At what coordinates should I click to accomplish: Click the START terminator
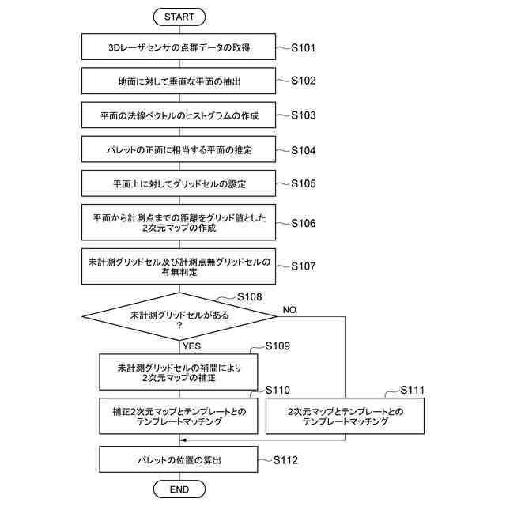pyautogui.click(x=179, y=17)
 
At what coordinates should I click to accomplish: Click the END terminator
pyautogui.click(x=179, y=489)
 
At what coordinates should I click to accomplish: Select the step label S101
pyautogui.click(x=303, y=47)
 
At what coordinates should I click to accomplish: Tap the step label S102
pyautogui.click(x=303, y=81)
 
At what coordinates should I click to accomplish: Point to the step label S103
pyautogui.click(x=303, y=115)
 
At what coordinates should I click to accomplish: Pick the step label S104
pyautogui.click(x=303, y=150)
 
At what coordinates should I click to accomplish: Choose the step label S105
pyautogui.click(x=303, y=183)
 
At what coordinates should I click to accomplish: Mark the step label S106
pyautogui.click(x=303, y=223)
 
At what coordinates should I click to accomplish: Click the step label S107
pyautogui.click(x=303, y=266)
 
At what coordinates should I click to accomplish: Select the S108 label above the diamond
pyautogui.click(x=250, y=297)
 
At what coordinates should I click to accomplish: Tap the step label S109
pyautogui.click(x=278, y=346)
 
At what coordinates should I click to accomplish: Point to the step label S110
pyautogui.click(x=278, y=390)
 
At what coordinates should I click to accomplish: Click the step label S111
pyautogui.click(x=412, y=390)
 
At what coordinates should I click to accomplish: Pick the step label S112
pyautogui.click(x=285, y=460)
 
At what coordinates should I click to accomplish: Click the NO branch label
pyautogui.click(x=289, y=310)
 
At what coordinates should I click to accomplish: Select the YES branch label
pyautogui.click(x=191, y=346)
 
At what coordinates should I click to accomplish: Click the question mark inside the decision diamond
pyautogui.click(x=179, y=325)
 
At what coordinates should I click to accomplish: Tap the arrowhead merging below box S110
pyautogui.click(x=183, y=440)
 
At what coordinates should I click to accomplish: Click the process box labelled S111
pyautogui.click(x=345, y=416)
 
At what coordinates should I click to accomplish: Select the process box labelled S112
pyautogui.click(x=179, y=459)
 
